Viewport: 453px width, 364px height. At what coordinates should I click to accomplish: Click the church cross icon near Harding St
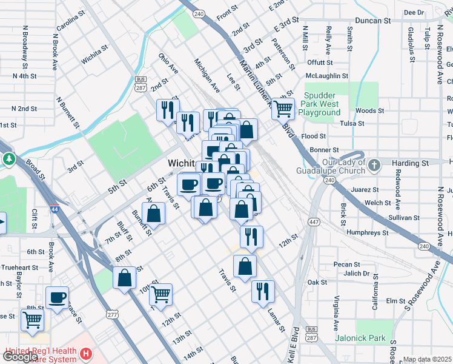tap(374, 163)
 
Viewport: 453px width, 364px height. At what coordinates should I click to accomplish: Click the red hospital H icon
tap(87, 352)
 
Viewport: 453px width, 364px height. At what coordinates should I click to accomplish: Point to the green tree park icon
tap(8, 159)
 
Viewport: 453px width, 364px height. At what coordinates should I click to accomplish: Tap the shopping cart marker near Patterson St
tap(283, 109)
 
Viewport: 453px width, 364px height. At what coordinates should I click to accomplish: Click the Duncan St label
tap(372, 21)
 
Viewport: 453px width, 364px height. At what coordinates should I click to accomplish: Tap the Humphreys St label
tap(367, 232)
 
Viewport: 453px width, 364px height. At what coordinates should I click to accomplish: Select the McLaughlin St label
tap(327, 76)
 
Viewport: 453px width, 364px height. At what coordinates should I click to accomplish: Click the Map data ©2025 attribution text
tap(428, 360)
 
